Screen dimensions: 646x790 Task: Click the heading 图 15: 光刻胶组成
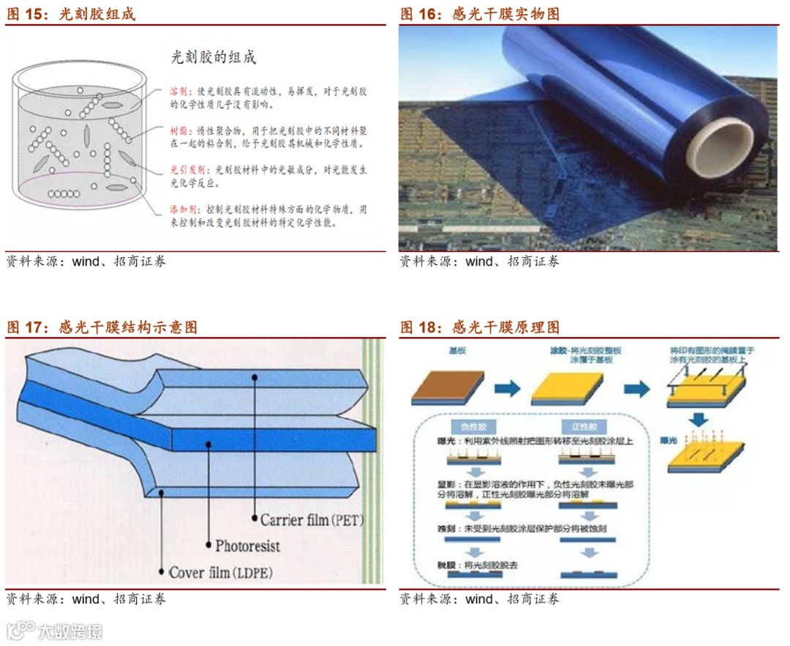tap(71, 15)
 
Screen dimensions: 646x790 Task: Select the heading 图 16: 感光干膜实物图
tap(480, 15)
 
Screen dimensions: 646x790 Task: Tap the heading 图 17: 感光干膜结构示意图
tap(102, 327)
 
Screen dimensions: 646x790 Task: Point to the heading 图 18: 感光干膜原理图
tap(480, 327)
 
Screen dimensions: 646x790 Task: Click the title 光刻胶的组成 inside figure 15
tap(214, 56)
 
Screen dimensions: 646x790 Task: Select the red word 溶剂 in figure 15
tap(178, 92)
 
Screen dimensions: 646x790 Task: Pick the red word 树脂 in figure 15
tap(178, 130)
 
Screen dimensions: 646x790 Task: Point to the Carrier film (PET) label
tap(312, 521)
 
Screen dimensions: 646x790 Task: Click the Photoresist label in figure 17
tap(247, 546)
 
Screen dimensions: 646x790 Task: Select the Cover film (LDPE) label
tap(220, 572)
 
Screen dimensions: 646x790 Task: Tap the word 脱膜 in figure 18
tap(445, 565)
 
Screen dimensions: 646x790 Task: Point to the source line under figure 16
tap(479, 261)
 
